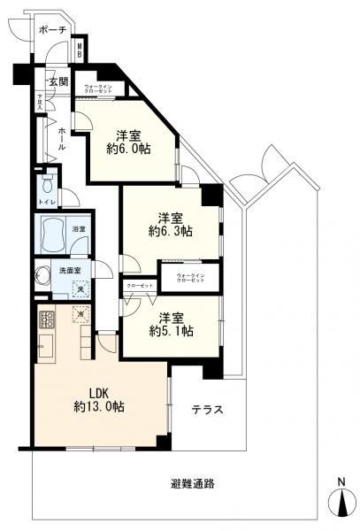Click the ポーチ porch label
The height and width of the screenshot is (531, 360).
(53, 30)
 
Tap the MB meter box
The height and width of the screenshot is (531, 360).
(80, 50)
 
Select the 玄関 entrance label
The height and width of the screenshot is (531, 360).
(57, 81)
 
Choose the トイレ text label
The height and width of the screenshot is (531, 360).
(48, 203)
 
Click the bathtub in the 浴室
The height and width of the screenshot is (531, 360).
(50, 235)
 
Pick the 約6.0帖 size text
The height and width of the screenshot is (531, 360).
(131, 150)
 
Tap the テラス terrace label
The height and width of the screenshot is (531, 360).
(206, 410)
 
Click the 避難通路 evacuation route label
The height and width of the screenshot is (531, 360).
(193, 483)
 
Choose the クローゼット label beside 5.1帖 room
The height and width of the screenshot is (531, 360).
(140, 286)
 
